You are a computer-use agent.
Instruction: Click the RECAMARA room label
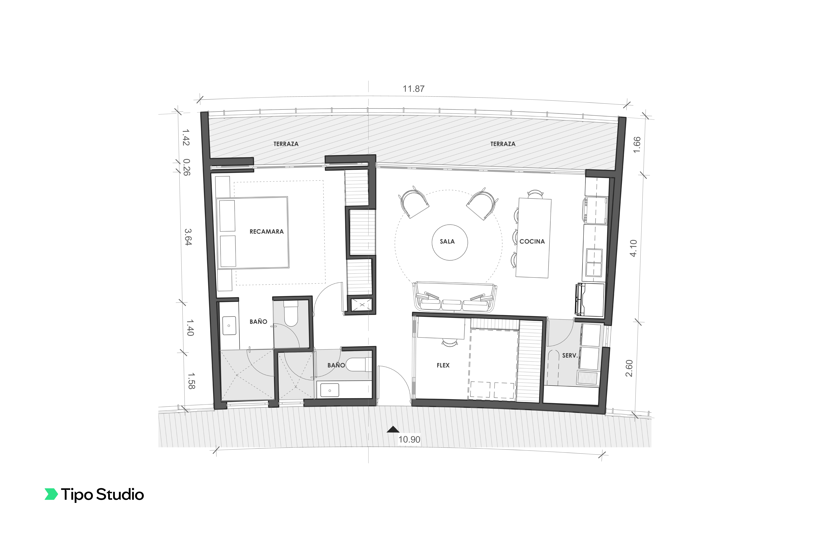coord(266,231)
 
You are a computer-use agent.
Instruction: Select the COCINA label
coord(532,241)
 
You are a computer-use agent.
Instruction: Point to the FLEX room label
coord(443,365)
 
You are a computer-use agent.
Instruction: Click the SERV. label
coord(569,356)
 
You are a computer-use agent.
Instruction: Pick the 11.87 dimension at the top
coord(413,89)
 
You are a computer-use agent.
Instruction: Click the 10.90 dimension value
coord(409,440)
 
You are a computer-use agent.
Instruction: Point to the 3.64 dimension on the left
coord(187,237)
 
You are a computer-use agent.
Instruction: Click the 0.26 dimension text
coord(187,167)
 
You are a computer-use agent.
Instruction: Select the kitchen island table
coord(533,238)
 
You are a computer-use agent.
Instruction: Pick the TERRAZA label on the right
coord(502,144)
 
